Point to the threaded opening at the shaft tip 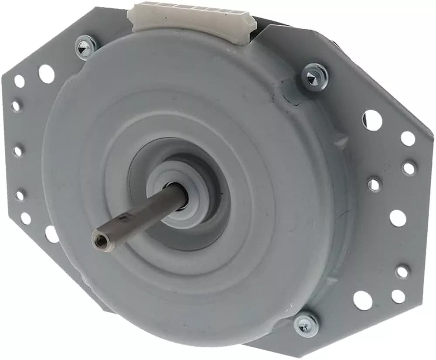pos(97,238)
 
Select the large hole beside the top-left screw pos(46,73)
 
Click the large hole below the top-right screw pos(371,120)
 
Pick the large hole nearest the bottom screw pos(363,300)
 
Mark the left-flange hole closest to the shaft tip pos(51,234)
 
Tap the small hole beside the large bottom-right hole pos(398,296)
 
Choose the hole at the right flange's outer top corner pos(408,138)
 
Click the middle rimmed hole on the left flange pos(17,151)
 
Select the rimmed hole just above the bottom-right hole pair pos(402,271)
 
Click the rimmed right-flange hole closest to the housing pos(374,184)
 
